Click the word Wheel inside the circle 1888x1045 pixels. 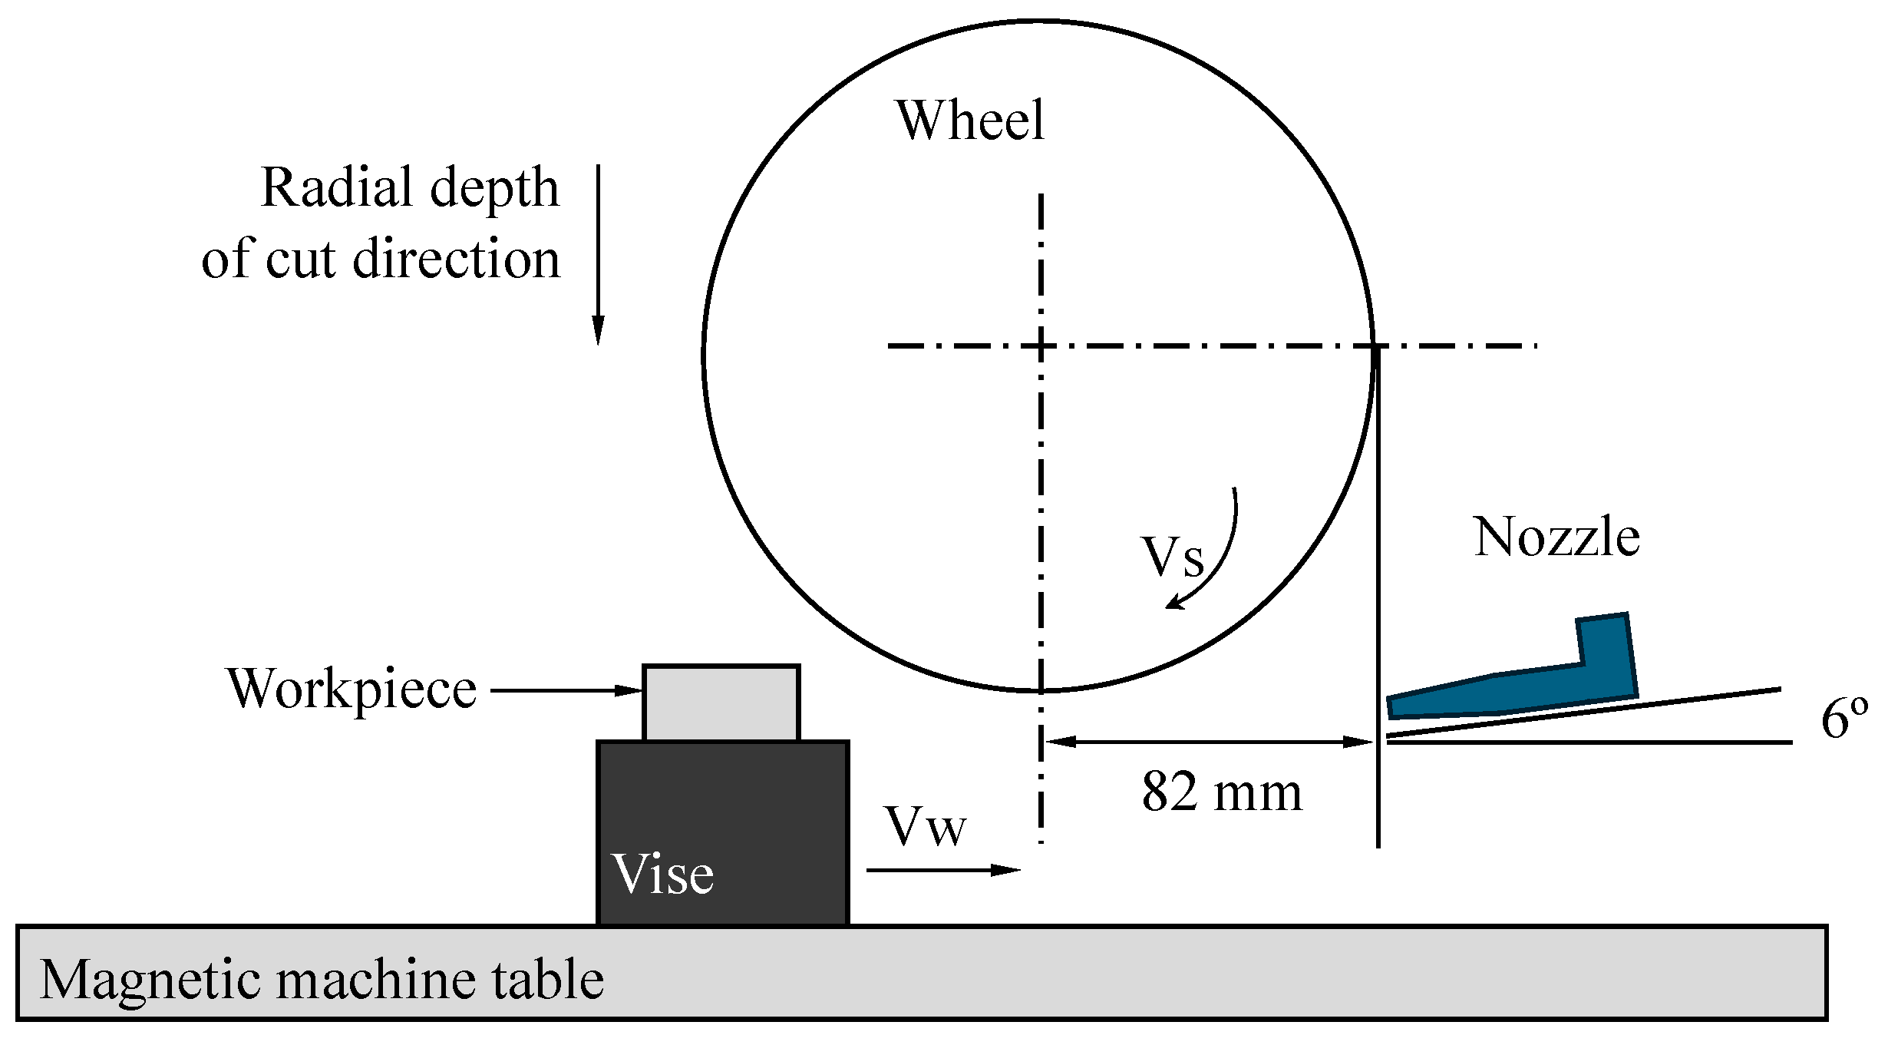point(969,121)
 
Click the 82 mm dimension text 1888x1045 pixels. point(1222,792)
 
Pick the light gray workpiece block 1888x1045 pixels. point(721,703)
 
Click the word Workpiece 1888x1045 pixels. point(352,690)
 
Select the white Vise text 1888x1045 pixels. point(663,874)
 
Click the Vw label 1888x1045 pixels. point(925,827)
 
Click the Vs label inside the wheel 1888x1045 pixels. point(1172,557)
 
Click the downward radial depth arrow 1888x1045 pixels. point(598,253)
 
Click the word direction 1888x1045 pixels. point(456,259)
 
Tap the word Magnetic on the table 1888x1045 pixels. point(150,980)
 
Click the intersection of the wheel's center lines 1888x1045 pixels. point(1041,346)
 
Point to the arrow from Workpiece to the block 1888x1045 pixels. point(565,690)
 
